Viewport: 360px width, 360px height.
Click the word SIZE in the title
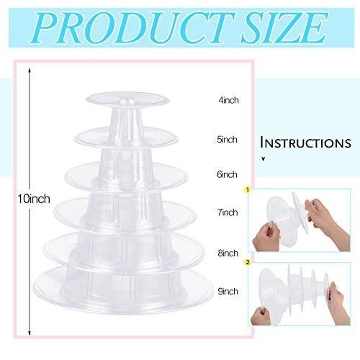(x=285, y=28)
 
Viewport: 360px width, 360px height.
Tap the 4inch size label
(x=228, y=100)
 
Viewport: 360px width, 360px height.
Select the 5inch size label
(x=227, y=140)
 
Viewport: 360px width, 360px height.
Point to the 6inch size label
(x=227, y=174)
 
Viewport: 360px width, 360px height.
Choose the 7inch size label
(x=228, y=212)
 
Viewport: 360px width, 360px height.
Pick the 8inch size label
(x=228, y=253)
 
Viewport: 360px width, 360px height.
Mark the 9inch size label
(x=228, y=292)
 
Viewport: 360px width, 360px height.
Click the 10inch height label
(x=34, y=199)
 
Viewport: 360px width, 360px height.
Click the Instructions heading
(x=306, y=143)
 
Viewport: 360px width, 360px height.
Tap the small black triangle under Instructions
(x=264, y=159)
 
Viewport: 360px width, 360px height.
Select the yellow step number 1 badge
(x=248, y=190)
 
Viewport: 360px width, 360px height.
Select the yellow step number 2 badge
(x=248, y=262)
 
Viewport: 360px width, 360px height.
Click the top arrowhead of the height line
(x=30, y=71)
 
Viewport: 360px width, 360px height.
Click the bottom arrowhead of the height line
(x=30, y=333)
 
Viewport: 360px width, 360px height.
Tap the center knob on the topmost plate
(x=127, y=101)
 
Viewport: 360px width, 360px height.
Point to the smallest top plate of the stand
(x=128, y=99)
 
